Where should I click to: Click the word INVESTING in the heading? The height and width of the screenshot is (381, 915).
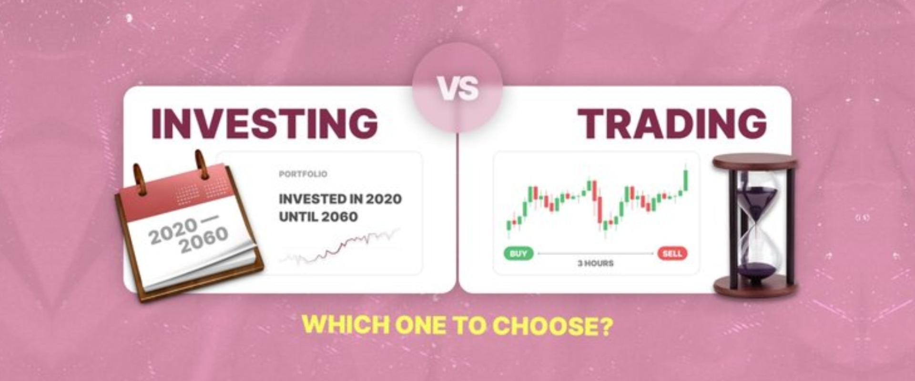[x=264, y=123]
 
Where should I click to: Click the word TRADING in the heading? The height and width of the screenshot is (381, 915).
[x=672, y=123]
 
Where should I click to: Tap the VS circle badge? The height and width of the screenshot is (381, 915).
[x=457, y=88]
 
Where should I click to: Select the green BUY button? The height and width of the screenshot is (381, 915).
[x=518, y=253]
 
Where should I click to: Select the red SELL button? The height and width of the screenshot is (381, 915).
[x=672, y=253]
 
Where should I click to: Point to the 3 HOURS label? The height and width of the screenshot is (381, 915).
[x=596, y=263]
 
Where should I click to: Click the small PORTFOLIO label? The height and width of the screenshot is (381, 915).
[x=303, y=174]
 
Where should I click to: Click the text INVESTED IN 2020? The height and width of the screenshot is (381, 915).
[x=340, y=199]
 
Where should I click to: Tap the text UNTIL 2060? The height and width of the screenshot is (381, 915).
[x=318, y=217]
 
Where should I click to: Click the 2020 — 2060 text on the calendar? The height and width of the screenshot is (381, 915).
[x=188, y=234]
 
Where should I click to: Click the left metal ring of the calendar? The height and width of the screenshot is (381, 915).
[x=140, y=179]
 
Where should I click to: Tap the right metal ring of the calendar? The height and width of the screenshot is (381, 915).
[x=202, y=164]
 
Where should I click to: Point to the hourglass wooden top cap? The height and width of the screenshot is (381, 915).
[x=754, y=162]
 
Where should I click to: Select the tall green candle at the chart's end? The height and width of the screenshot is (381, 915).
[x=686, y=180]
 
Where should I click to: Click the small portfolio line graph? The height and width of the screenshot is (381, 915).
[x=339, y=247]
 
